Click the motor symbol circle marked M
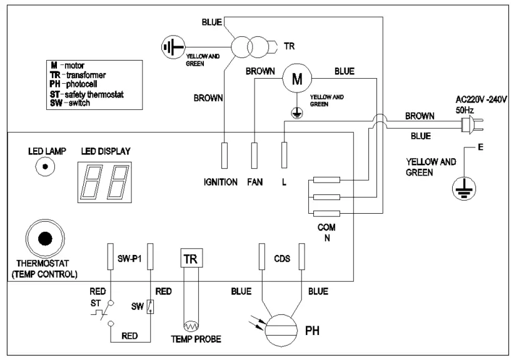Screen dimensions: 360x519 click(x=298, y=78)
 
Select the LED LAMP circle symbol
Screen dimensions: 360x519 click(x=44, y=167)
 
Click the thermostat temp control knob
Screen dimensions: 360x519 click(x=44, y=240)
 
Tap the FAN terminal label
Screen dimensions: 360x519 click(x=255, y=182)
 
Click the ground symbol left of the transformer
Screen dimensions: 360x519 click(x=172, y=47)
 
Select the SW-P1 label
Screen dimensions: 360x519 click(x=130, y=257)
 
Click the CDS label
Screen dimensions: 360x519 click(x=282, y=257)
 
